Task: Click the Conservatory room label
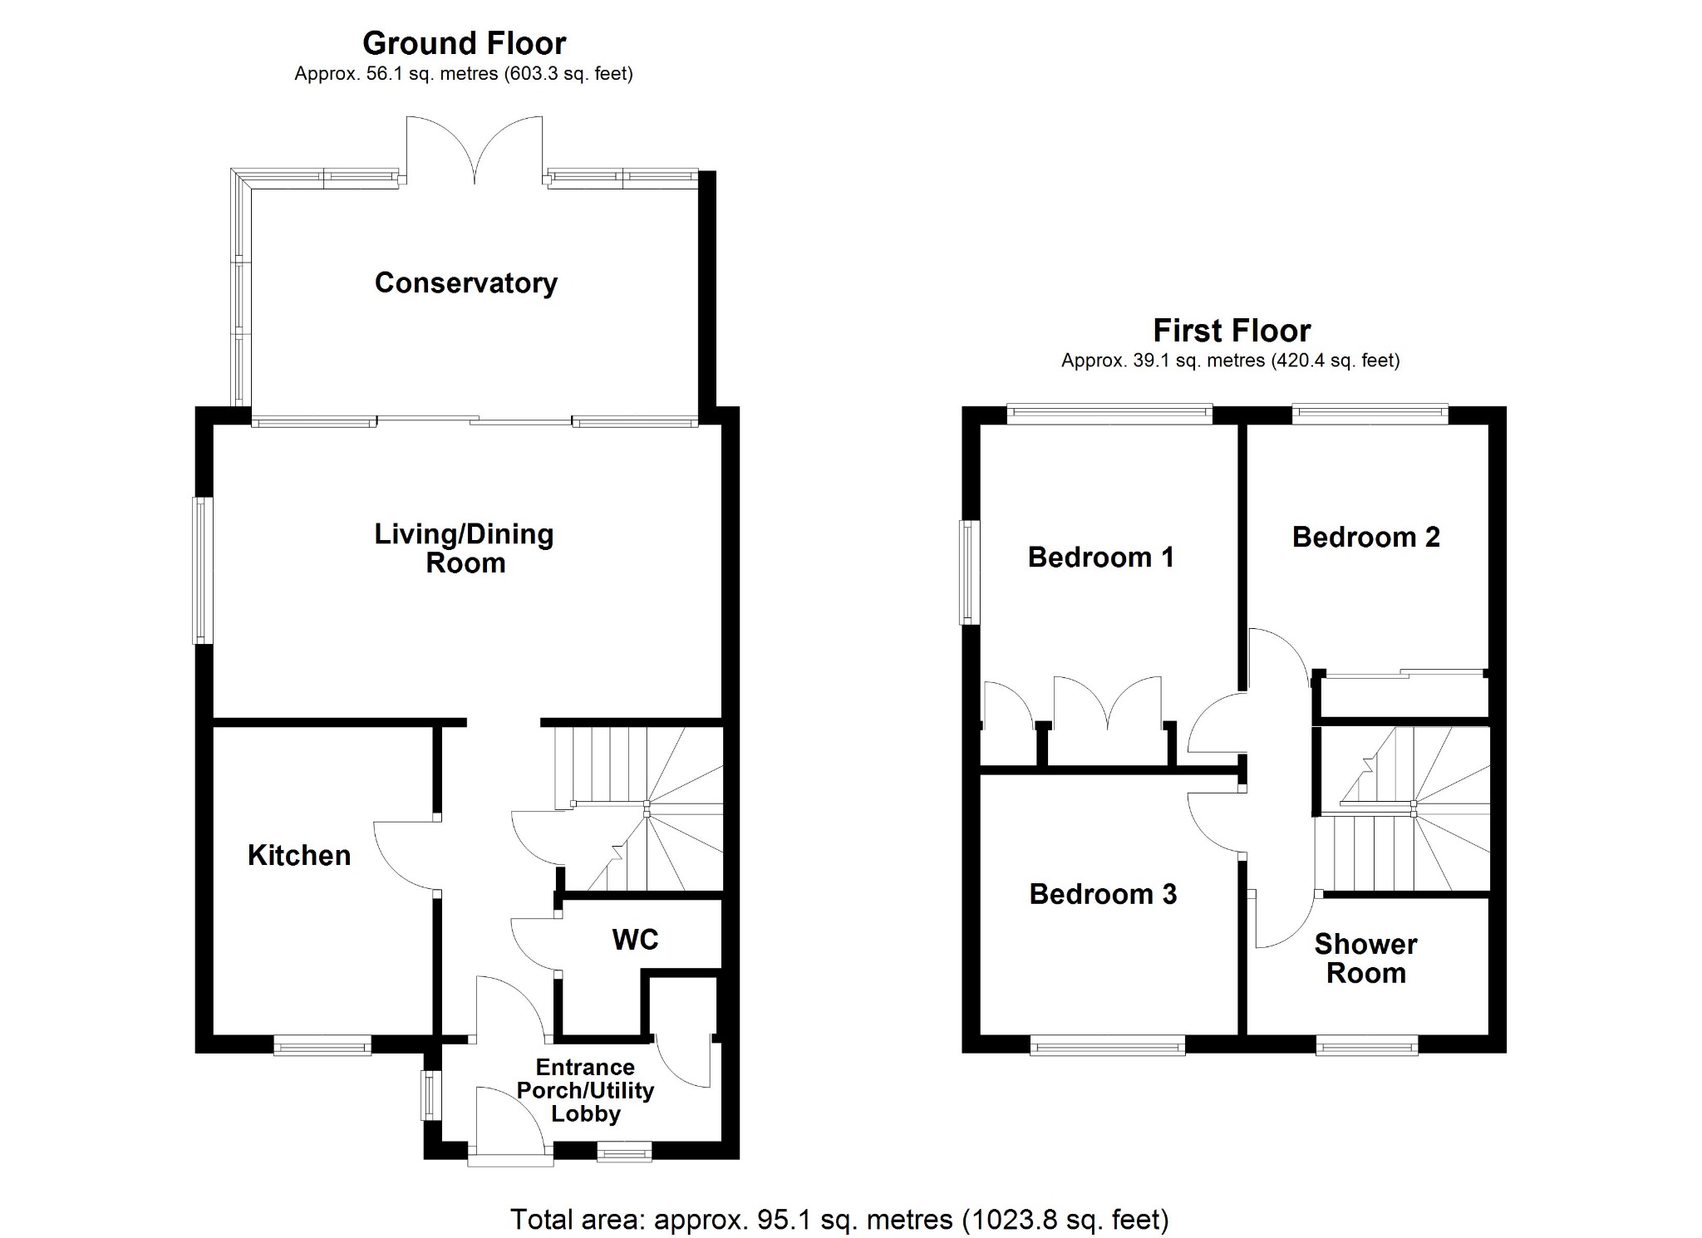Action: (x=465, y=282)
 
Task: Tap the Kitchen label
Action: (x=299, y=855)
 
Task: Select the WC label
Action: (x=635, y=939)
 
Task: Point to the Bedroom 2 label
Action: (x=1365, y=537)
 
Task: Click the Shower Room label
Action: (x=1365, y=958)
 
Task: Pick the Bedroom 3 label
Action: (x=1103, y=893)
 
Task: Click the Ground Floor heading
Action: (x=464, y=42)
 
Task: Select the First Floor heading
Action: (x=1232, y=331)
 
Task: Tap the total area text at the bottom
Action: (x=839, y=1219)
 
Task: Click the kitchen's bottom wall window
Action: (x=322, y=1045)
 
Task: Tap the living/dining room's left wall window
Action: (x=202, y=570)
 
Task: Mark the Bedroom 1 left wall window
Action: (x=969, y=572)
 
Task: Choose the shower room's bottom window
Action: (x=1367, y=1045)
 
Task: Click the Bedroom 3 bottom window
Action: (x=1108, y=1045)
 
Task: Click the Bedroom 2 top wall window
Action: (x=1370, y=413)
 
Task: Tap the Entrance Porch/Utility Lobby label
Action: (x=585, y=1090)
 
